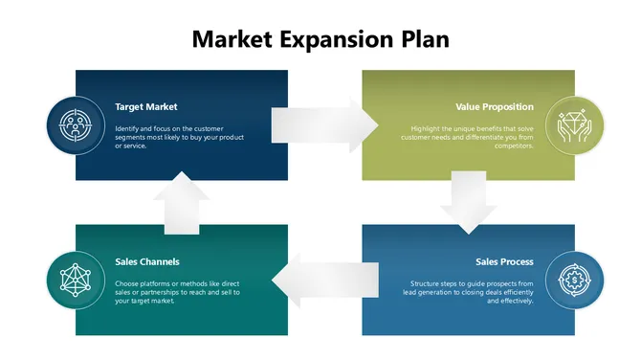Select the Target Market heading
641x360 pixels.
pyautogui.click(x=146, y=106)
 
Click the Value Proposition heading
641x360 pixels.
pyautogui.click(x=495, y=106)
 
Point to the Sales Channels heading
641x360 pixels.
pyautogui.click(x=147, y=261)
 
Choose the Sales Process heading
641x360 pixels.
pyautogui.click(x=504, y=261)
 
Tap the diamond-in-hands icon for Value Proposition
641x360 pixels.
pyautogui.click(x=575, y=124)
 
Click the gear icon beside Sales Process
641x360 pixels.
pyautogui.click(x=575, y=280)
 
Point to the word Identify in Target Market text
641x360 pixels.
pyautogui.click(x=127, y=128)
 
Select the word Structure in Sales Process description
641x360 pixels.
pyautogui.click(x=427, y=283)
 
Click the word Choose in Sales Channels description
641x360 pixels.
pyautogui.click(x=127, y=283)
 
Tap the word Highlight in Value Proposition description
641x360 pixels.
pyautogui.click(x=427, y=128)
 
